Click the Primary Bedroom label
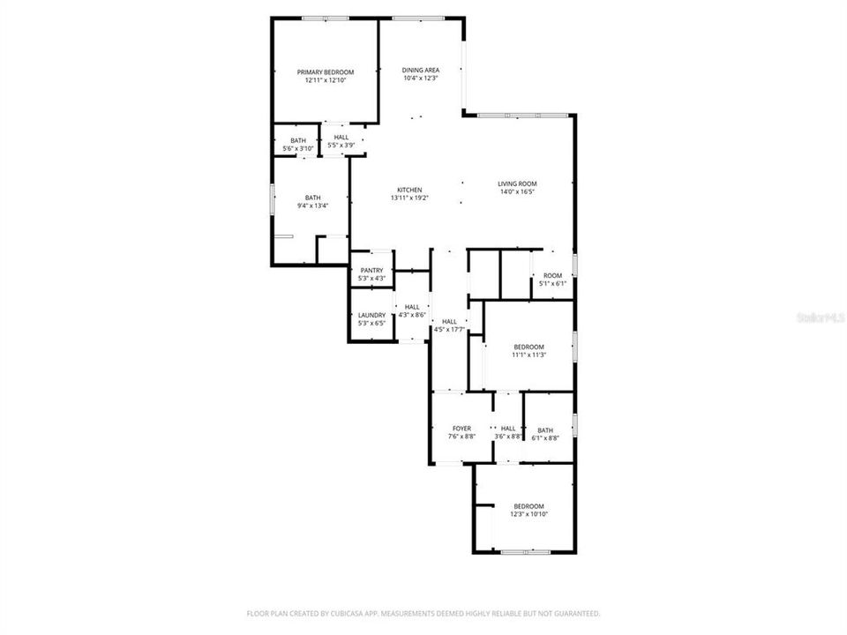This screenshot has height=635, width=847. pos(326,71)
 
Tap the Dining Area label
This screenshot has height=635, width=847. pos(420,70)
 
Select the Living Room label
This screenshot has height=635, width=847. pos(517,183)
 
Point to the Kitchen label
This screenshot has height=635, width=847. pos(409,190)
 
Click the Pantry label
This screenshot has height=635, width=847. pos(371,271)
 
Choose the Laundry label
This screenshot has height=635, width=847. pos(371,315)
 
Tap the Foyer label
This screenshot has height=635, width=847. pos(461,428)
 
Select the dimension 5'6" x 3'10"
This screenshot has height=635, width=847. pos(298,149)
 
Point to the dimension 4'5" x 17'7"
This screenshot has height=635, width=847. pos(450,330)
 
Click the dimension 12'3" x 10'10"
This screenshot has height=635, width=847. pos(528,514)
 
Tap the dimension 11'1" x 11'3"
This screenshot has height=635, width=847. pos(529,355)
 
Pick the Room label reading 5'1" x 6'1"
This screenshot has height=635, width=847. pos(552,276)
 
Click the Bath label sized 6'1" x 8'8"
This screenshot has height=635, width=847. pos(545,430)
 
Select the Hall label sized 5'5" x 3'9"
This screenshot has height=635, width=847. pos(341,138)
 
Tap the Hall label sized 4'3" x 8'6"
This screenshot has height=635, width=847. pos(412,307)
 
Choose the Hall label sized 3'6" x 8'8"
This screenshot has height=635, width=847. pos(508,428)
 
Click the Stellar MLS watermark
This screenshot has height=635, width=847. pos(820,316)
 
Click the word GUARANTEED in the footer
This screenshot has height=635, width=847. pos(572,613)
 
